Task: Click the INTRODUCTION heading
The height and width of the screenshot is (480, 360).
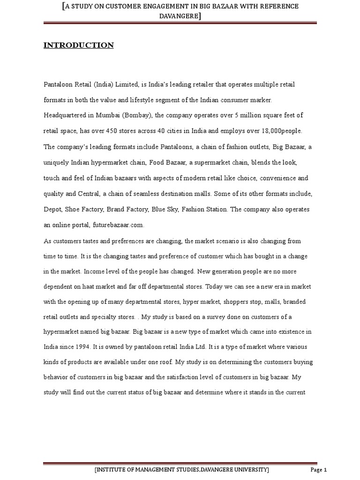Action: click(x=79, y=45)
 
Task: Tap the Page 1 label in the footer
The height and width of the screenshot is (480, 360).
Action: click(x=318, y=470)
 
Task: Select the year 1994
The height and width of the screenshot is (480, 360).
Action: click(x=81, y=347)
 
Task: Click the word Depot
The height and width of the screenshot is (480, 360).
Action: click(x=52, y=209)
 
